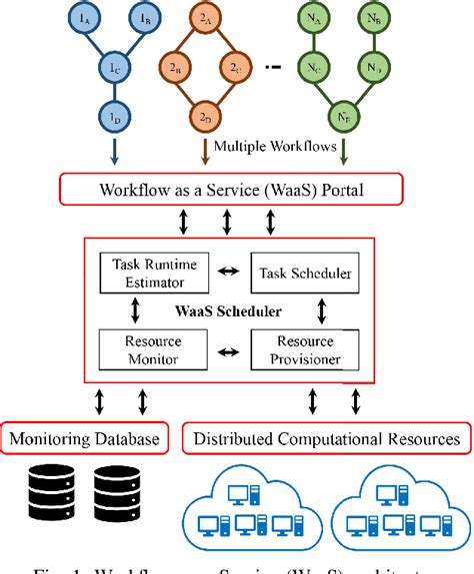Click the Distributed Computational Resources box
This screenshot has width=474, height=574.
327,437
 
